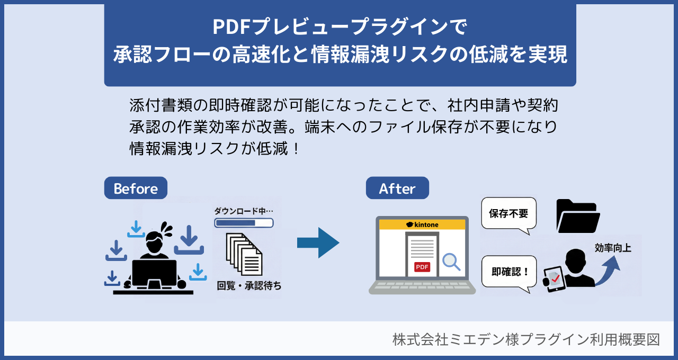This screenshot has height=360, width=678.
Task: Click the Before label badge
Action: pos(136,188)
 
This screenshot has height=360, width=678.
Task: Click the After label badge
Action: pos(397,188)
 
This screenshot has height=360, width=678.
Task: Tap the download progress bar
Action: pos(244,223)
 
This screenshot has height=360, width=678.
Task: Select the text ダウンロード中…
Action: pos(244,211)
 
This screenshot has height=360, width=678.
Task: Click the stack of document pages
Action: pos(244,254)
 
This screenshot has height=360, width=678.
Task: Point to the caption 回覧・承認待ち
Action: pos(249,286)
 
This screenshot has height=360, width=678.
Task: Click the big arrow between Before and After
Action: pos(318,242)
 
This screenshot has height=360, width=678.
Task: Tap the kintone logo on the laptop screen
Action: pos(422,224)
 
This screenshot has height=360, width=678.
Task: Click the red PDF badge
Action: pos(422,267)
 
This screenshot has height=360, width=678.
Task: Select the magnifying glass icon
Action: pos(451,262)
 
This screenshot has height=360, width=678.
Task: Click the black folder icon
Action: pos(578,216)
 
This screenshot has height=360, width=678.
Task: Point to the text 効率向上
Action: pos(613,248)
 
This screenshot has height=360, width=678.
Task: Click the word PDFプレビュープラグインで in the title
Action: pos(340,27)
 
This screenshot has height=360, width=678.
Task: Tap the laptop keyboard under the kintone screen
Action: pos(422,286)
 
